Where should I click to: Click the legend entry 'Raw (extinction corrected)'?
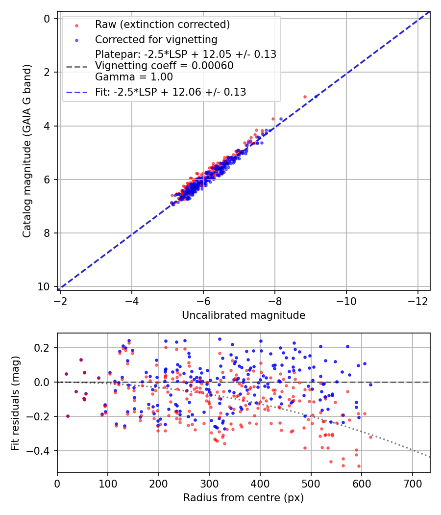(x=162, y=25)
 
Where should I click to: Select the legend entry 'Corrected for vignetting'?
(x=156, y=39)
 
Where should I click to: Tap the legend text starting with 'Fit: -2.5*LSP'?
(x=171, y=92)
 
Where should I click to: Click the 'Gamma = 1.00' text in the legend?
(x=134, y=77)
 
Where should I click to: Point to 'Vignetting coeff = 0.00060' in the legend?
(x=164, y=66)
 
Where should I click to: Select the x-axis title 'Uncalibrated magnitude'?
(x=244, y=315)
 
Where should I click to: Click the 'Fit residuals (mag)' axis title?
(x=15, y=402)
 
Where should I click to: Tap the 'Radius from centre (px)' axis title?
(x=244, y=498)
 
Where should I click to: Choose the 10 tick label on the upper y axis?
(x=47, y=286)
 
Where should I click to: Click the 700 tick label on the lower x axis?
(x=412, y=483)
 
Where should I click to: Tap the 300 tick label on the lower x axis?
(x=209, y=483)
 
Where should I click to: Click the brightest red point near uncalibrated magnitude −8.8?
(x=305, y=97)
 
